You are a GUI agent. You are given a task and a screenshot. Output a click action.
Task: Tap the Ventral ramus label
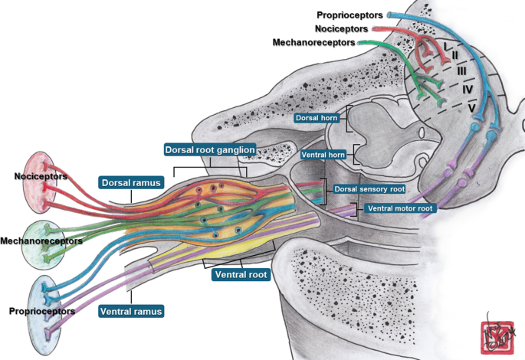click(x=131, y=311)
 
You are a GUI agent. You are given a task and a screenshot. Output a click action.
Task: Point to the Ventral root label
click(x=241, y=273)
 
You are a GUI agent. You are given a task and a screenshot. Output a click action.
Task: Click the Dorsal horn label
click(x=316, y=119)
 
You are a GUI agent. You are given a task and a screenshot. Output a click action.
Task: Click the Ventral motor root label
click(x=400, y=208)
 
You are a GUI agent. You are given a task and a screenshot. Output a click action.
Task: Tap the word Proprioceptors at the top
click(x=349, y=15)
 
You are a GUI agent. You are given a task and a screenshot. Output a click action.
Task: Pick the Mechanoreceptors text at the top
click(x=313, y=43)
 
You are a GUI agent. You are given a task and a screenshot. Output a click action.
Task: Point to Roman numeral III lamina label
click(x=461, y=70)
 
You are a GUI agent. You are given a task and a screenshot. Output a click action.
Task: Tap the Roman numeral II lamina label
click(x=453, y=54)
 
